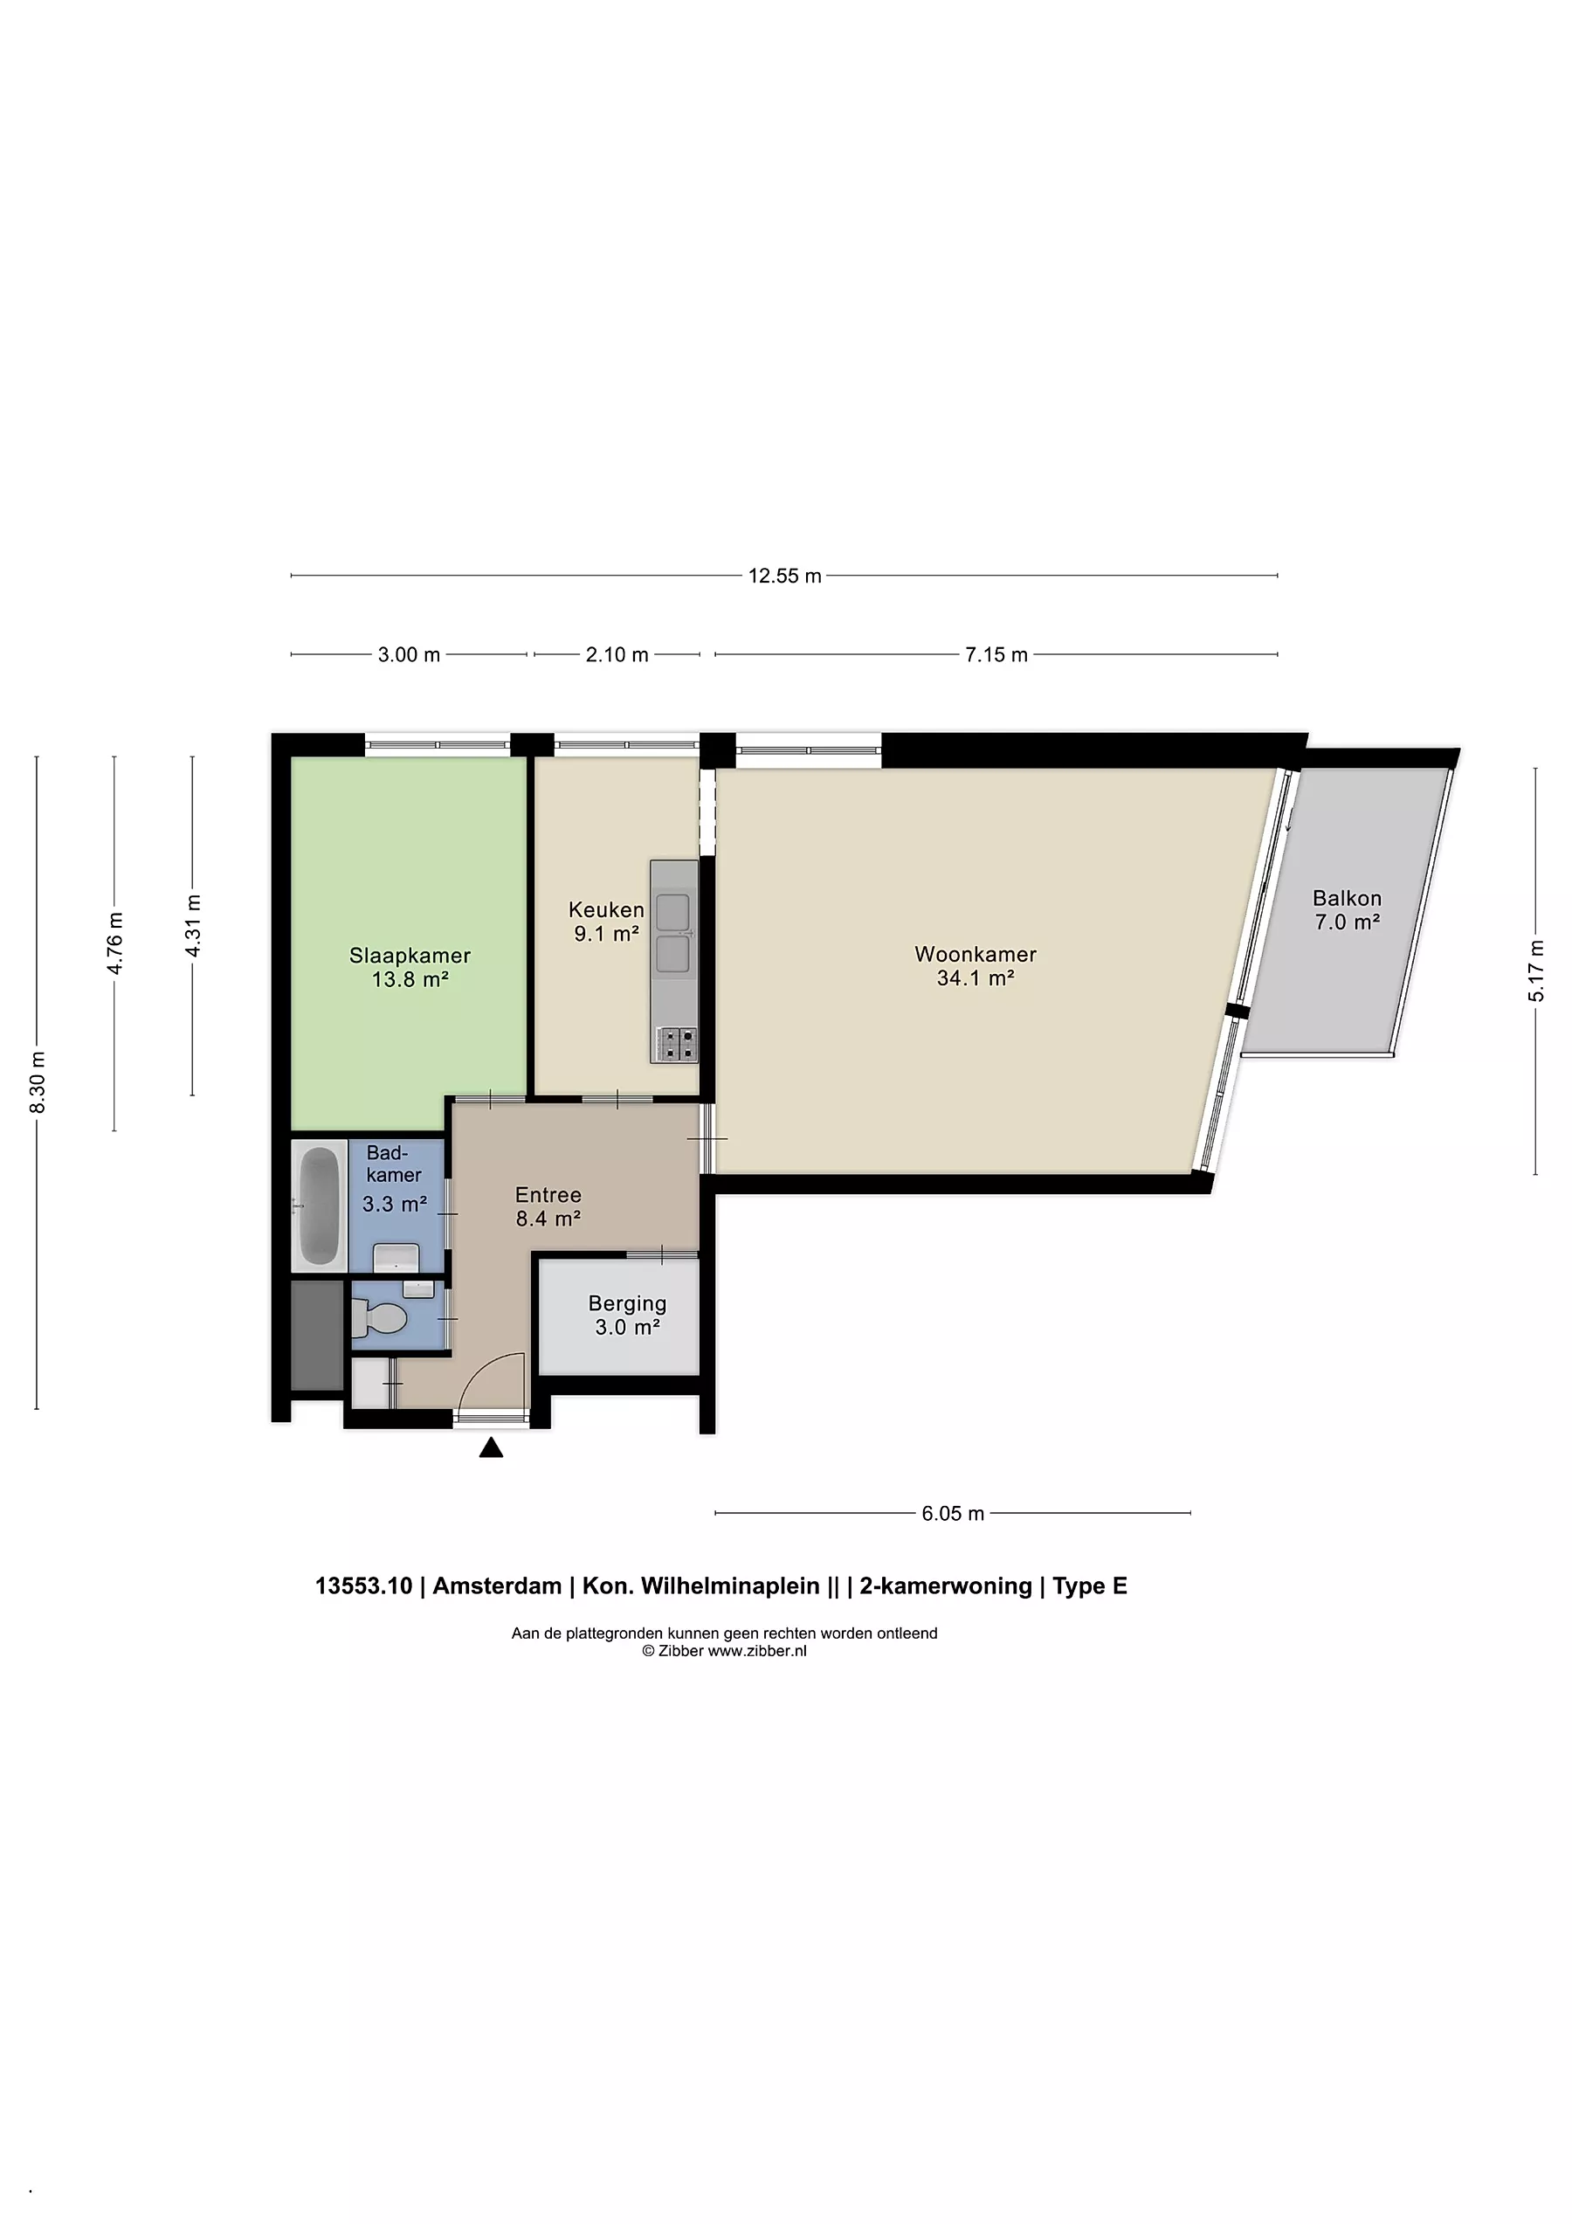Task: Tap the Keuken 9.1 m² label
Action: [x=606, y=922]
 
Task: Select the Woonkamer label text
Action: [x=976, y=954]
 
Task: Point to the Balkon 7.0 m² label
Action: [x=1347, y=909]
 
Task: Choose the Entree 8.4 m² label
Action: [x=548, y=1206]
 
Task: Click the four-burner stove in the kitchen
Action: [x=675, y=1043]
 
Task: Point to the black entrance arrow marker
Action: [x=491, y=1447]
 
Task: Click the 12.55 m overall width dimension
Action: [x=784, y=576]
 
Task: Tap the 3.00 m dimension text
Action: [x=409, y=655]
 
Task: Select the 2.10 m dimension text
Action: [x=617, y=655]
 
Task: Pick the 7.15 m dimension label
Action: [x=996, y=655]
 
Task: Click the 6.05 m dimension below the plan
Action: [x=952, y=1513]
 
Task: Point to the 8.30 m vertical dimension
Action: [x=38, y=1082]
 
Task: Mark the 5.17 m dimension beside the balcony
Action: [x=1536, y=970]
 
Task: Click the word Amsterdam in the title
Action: [x=497, y=1585]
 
